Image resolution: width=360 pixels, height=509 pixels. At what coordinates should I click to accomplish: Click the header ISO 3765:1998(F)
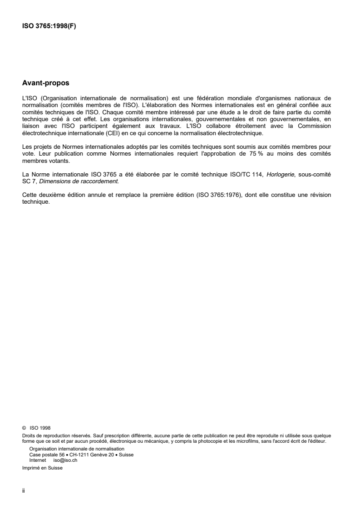coord(49,27)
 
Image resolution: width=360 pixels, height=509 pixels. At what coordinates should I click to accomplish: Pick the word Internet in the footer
coord(37,460)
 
